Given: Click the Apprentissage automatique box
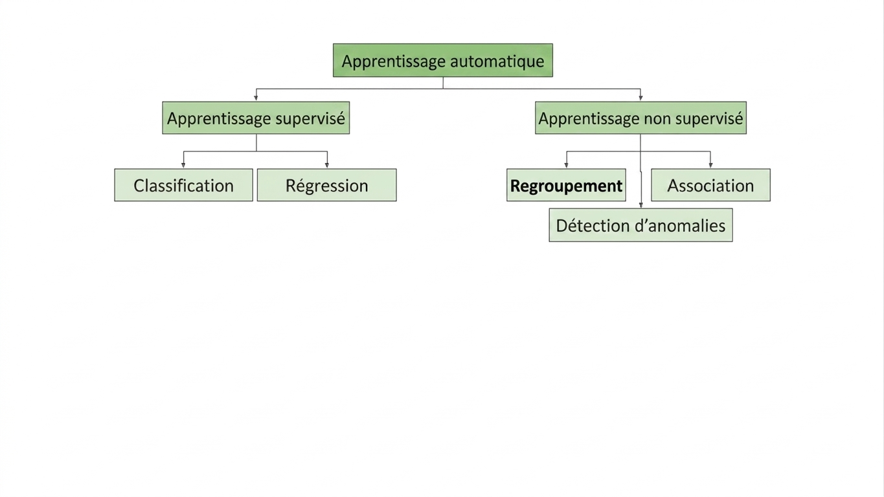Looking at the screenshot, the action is pos(443,60).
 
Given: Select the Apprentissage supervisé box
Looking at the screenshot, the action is pos(256,118).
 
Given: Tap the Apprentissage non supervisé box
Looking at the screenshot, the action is pos(640,118).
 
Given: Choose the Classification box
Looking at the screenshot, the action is pos(183,185).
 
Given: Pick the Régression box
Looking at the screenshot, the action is pos(327,185).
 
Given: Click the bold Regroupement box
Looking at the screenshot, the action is pos(566,185).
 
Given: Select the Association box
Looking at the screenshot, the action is pos(710,185).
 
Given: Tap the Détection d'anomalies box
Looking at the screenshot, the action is pos(641,225).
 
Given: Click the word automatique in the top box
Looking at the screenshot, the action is pos(497,61).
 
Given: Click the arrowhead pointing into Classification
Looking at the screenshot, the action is pos(183,165).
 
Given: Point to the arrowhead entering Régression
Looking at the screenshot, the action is pos(327,165).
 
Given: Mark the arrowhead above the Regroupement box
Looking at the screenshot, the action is pos(566,165).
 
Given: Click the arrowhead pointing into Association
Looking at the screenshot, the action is pos(710,165).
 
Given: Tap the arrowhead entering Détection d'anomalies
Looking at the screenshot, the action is pos(641,205).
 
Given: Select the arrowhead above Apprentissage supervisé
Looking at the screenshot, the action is pos(256,98).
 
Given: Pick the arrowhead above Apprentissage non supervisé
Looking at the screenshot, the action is pos(640,98).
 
